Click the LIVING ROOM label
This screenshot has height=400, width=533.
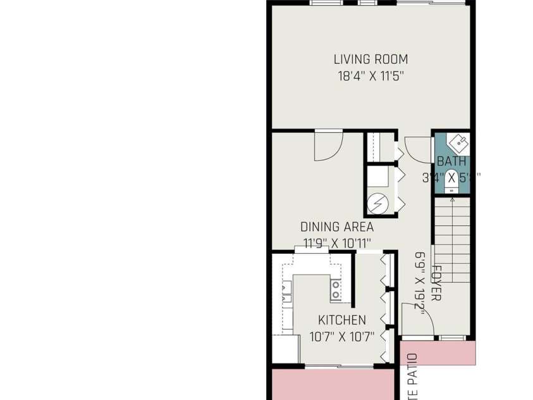[371, 59]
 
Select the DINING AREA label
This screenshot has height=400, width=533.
[336, 227]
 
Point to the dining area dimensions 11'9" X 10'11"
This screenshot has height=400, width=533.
[336, 242]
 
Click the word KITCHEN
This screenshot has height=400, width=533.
[341, 320]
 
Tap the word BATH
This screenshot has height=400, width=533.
[451, 161]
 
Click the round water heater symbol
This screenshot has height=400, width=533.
[377, 203]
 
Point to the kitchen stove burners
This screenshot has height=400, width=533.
[336, 290]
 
